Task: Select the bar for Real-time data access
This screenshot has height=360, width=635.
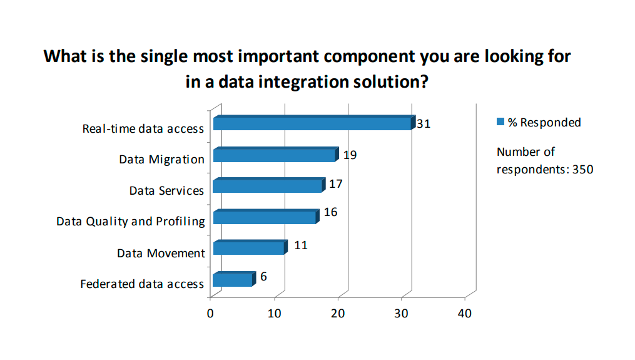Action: (x=314, y=123)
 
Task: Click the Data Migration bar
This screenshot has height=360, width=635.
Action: (x=276, y=155)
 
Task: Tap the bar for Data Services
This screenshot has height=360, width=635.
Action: (x=269, y=185)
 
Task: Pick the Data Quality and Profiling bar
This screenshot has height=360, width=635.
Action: (x=266, y=217)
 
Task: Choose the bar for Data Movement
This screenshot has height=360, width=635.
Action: (x=250, y=247)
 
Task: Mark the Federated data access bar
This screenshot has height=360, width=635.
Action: (x=235, y=279)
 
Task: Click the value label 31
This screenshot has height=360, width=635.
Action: (x=424, y=123)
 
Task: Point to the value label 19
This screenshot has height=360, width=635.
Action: (x=350, y=155)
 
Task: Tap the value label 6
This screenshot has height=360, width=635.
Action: (x=263, y=277)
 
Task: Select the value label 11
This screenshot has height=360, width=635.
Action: (x=301, y=245)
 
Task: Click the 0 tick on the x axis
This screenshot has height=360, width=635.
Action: (x=210, y=314)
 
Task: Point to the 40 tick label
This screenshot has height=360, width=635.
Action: (x=464, y=314)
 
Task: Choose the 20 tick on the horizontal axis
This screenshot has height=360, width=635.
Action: (x=338, y=314)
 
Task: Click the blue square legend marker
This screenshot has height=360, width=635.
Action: (x=500, y=121)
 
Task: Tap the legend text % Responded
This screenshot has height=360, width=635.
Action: (x=544, y=123)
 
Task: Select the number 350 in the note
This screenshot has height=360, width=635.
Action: (x=582, y=169)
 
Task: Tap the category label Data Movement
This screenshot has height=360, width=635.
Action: (x=161, y=254)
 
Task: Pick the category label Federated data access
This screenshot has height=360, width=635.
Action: (x=142, y=284)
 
